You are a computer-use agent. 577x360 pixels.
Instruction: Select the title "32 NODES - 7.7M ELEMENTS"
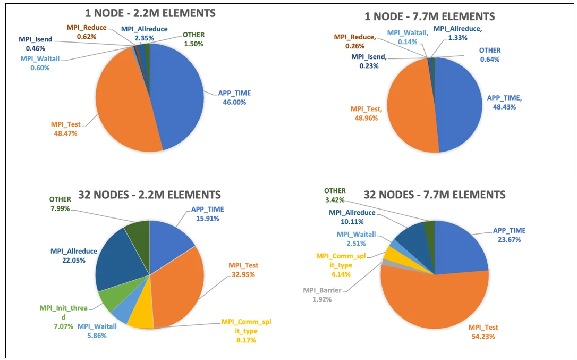[435, 195]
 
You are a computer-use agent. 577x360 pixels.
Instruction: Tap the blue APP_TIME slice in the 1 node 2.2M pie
[181, 96]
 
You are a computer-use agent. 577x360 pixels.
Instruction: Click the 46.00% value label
[234, 102]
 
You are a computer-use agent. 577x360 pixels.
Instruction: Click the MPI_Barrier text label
[323, 290]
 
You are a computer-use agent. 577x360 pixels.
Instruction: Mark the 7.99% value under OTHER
[60, 208]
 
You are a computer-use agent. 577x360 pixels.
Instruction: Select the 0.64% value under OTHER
[490, 59]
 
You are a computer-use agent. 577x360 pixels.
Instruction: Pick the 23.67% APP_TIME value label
[510, 239]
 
